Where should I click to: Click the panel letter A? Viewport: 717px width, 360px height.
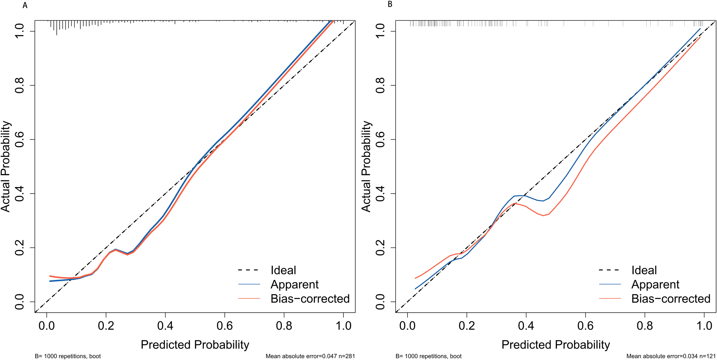pyautogui.click(x=25, y=5)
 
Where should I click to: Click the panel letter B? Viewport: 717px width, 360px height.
pyautogui.click(x=390, y=4)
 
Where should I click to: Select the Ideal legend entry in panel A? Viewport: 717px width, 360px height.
pyautogui.click(x=283, y=270)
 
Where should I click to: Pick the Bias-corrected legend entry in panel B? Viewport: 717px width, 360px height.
pyautogui.click(x=671, y=299)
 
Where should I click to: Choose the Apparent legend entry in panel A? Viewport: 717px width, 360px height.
pyautogui.click(x=294, y=284)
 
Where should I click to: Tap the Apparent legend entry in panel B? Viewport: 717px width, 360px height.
pyautogui.click(x=655, y=284)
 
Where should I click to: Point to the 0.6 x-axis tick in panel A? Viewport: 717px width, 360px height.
pyautogui.click(x=225, y=326)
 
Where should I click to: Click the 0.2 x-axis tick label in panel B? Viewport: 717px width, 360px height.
pyautogui.click(x=467, y=326)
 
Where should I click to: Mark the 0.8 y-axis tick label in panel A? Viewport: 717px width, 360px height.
pyautogui.click(x=20, y=85)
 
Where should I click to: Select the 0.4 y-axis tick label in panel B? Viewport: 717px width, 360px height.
pyautogui.click(x=380, y=193)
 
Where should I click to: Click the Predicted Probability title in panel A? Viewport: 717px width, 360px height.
pyautogui.click(x=195, y=345)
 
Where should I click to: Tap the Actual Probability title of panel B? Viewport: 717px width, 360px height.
pyautogui.click(x=367, y=166)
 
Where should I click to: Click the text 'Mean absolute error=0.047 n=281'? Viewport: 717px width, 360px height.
pyautogui.click(x=310, y=356)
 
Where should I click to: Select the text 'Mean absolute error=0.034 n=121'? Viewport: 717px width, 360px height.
pyautogui.click(x=671, y=356)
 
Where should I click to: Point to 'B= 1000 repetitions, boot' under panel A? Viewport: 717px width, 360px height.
pyautogui.click(x=68, y=356)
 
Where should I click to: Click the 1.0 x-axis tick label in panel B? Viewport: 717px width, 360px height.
pyautogui.click(x=704, y=326)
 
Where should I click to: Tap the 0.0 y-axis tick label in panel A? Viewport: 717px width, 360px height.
pyautogui.click(x=20, y=301)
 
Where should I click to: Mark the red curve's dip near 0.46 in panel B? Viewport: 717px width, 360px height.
pyautogui.click(x=543, y=215)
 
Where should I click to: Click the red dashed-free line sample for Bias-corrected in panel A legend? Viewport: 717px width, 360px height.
pyautogui.click(x=249, y=299)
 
